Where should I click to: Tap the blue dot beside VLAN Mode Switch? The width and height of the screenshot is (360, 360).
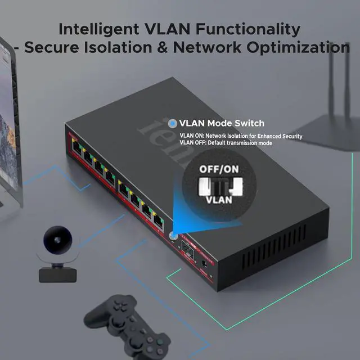click(x=173, y=123)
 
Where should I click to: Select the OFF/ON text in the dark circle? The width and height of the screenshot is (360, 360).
click(x=218, y=169)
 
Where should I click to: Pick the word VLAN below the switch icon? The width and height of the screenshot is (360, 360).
click(x=218, y=199)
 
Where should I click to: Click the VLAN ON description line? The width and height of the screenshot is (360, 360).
click(x=241, y=136)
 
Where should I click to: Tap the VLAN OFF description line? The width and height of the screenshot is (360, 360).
click(x=226, y=143)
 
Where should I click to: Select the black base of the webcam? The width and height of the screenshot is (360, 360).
click(x=57, y=275)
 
